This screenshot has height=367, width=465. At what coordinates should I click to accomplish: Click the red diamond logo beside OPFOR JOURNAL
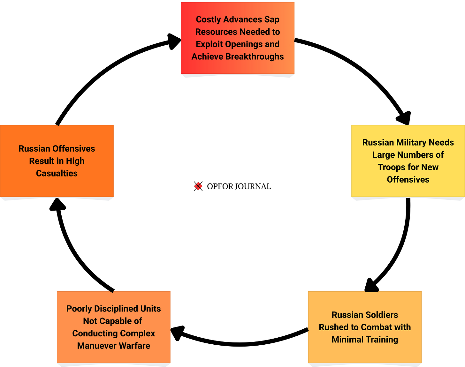[198, 186]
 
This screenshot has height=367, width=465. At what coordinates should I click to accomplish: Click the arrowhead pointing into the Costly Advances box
[174, 41]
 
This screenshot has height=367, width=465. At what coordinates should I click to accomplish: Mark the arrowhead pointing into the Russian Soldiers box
[371, 285]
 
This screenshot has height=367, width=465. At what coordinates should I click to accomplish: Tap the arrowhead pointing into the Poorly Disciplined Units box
[178, 333]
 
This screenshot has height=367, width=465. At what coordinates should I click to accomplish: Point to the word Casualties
[57, 173]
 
